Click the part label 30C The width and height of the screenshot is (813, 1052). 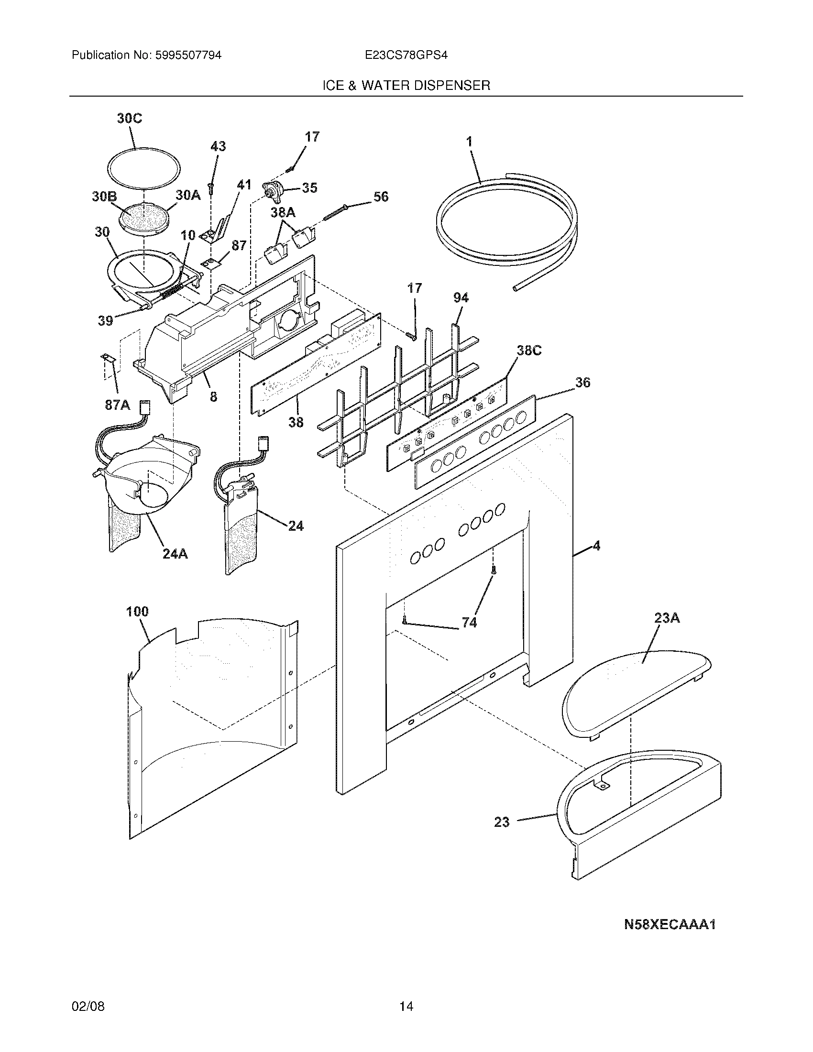[x=130, y=118]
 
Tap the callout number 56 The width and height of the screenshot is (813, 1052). [x=381, y=197]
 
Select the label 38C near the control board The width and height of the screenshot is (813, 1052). [x=529, y=351]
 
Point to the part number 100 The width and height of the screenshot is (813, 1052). [x=137, y=612]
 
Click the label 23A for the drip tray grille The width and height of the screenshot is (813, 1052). [x=667, y=618]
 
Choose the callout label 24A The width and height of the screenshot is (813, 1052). [x=175, y=554]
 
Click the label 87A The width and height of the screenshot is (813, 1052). [x=118, y=405]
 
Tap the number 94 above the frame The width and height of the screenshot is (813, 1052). [x=461, y=298]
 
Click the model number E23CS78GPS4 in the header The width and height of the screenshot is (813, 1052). [x=406, y=55]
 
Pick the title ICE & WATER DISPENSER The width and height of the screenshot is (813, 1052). [x=406, y=86]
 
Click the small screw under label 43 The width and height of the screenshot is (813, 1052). [x=210, y=187]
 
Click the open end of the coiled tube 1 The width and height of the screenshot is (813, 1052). [x=516, y=288]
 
